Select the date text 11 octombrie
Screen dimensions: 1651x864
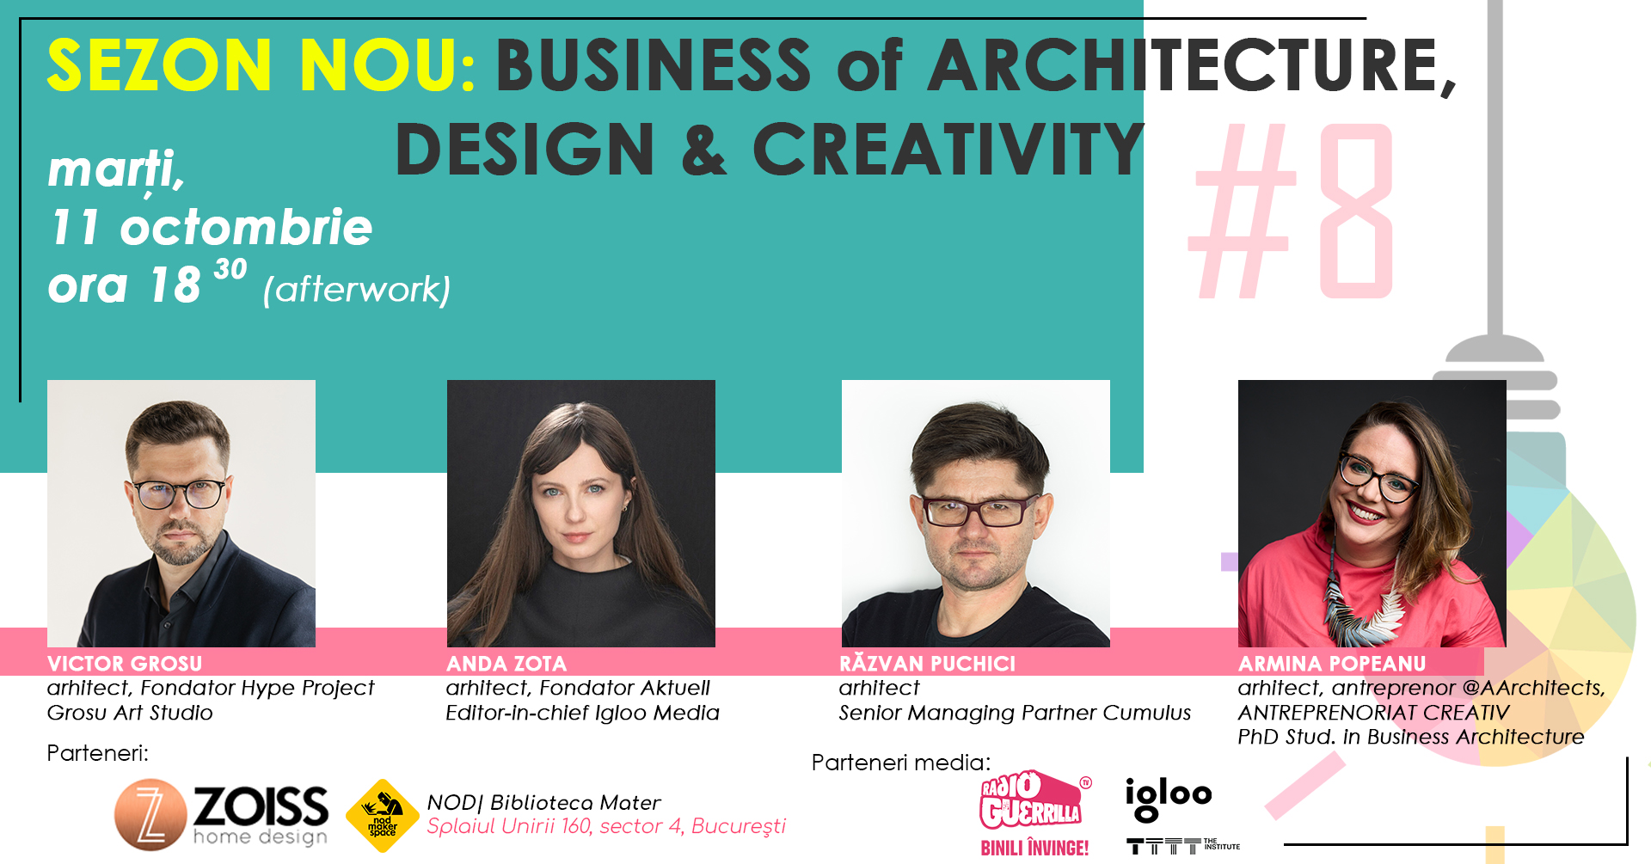click(211, 228)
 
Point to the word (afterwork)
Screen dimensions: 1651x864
click(357, 290)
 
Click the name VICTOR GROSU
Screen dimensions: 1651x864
click(125, 664)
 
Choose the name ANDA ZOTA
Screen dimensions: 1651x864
click(506, 664)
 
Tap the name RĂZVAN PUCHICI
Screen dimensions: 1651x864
click(927, 663)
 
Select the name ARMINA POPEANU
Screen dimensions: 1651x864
click(1332, 664)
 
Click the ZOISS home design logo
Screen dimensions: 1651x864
click(222, 814)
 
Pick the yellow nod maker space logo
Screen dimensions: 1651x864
click(383, 816)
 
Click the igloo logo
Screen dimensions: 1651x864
click(1169, 798)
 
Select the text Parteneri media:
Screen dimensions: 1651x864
click(901, 763)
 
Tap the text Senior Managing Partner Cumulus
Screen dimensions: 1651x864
click(1015, 714)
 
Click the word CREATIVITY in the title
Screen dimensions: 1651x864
click(948, 149)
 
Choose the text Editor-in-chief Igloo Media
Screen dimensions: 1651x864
click(582, 713)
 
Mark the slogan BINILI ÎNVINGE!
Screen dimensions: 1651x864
click(1034, 849)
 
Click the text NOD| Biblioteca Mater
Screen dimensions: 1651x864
click(543, 803)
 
